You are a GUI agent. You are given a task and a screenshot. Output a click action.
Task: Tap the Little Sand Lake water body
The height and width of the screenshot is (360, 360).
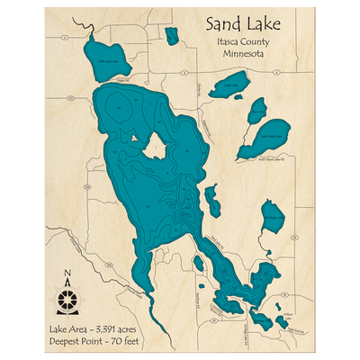pos(105,58)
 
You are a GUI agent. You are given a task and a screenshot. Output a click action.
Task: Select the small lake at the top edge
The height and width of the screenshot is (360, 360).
pos(171,35)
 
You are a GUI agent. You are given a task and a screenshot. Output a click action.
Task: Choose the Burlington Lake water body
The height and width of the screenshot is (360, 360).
pos(272,216)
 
